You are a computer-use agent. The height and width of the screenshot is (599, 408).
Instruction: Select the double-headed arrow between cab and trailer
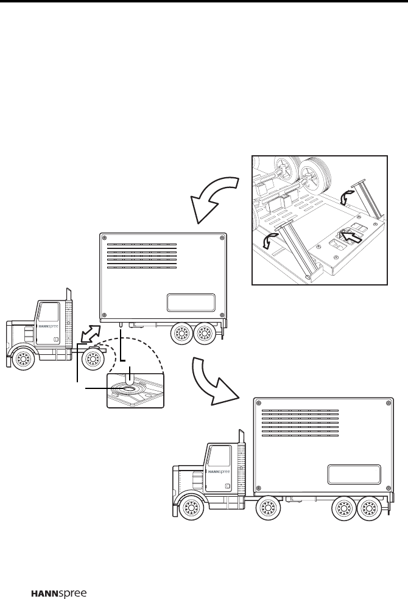tap(90, 334)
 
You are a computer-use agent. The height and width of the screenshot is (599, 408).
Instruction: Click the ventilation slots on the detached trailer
tap(142, 256)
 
